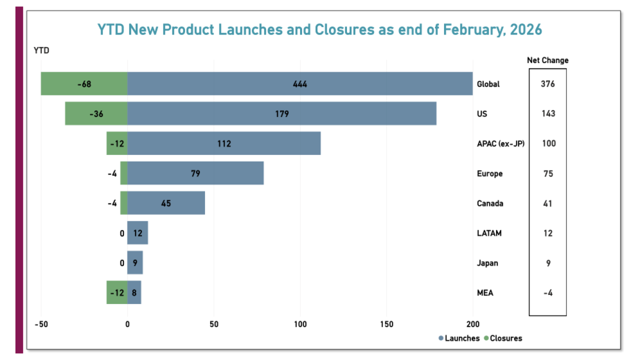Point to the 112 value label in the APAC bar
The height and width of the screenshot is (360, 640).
[224, 143]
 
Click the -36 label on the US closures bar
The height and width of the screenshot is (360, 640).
[96, 113]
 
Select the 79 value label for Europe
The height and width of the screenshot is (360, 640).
[195, 173]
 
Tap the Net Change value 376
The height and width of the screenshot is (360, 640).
[547, 83]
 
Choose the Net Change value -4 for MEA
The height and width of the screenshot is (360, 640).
[547, 292]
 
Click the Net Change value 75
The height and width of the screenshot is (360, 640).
[547, 173]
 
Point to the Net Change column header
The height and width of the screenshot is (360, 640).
[547, 60]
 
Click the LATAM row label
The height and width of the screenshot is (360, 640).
[489, 233]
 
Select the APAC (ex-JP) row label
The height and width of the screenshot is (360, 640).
[500, 143]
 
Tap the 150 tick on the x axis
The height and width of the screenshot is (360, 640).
[386, 324]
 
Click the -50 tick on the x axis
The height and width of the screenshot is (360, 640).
[41, 324]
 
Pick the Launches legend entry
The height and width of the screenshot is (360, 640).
[459, 338]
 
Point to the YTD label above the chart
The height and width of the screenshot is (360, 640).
[41, 50]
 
